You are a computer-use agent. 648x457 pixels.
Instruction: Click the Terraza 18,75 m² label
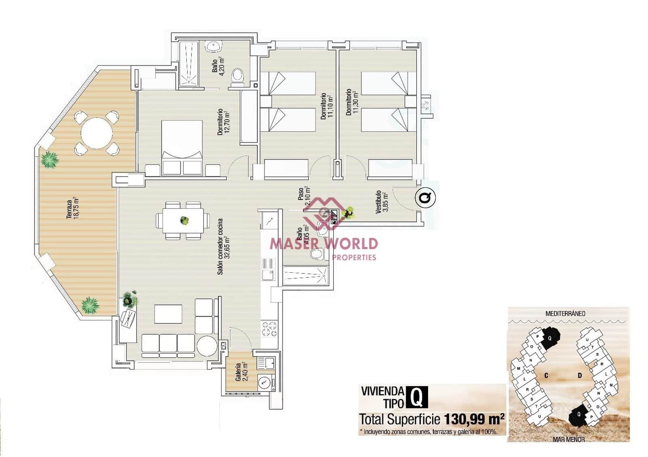coord(72,208)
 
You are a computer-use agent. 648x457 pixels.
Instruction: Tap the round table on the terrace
coord(96,133)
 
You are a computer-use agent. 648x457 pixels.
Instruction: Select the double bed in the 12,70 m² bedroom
coord(182,148)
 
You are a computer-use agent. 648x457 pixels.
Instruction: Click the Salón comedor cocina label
coord(223,247)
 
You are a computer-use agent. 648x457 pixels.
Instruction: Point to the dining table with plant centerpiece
coord(183,221)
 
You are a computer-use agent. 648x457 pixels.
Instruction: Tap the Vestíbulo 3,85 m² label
coord(382,202)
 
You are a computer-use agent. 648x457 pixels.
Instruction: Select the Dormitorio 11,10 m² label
coord(326,106)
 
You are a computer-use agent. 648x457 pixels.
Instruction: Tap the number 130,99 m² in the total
coord(474,419)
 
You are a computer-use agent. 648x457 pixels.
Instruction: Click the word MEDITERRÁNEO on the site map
coord(565,313)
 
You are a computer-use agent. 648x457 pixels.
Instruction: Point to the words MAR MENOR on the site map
coord(568,439)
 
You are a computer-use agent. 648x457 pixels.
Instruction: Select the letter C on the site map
coord(546,376)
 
